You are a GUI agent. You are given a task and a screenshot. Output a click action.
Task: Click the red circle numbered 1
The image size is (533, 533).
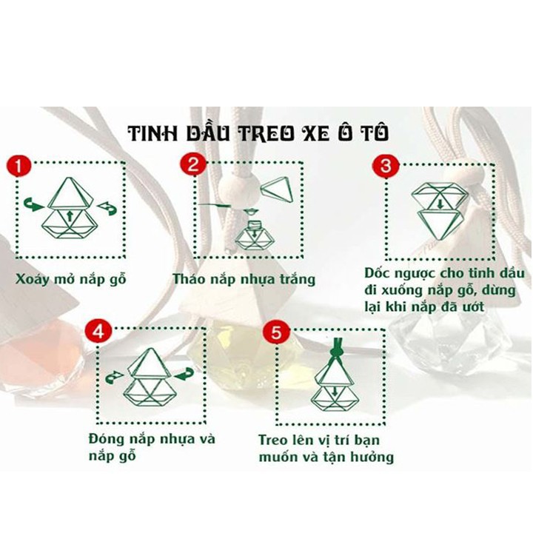pyautogui.click(x=19, y=167)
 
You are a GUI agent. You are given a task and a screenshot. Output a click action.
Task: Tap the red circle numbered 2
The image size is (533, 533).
pyautogui.click(x=192, y=164)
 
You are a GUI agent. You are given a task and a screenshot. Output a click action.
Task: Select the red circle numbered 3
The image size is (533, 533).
pyautogui.click(x=385, y=167)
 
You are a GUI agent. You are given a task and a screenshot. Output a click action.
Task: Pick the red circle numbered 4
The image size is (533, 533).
pyautogui.click(x=98, y=331)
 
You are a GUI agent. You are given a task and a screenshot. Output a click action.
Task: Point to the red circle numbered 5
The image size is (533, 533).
pyautogui.click(x=276, y=332)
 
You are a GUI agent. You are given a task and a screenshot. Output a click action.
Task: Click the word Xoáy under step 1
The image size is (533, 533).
pyautogui.click(x=32, y=279)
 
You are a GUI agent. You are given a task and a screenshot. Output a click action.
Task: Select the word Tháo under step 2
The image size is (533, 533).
pyautogui.click(x=188, y=279)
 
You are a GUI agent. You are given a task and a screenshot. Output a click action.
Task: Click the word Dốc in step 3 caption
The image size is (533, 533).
pyautogui.click(x=378, y=273)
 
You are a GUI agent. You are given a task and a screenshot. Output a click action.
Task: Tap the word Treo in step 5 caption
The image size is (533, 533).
pyautogui.click(x=273, y=440)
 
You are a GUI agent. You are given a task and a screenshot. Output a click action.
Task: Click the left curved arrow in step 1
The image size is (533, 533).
pyautogui.click(x=33, y=205)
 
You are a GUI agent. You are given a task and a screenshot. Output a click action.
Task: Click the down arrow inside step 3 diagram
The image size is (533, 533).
pyautogui.click(x=440, y=204)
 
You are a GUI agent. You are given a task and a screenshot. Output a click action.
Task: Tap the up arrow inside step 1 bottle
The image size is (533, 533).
pyautogui.click(x=70, y=216)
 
